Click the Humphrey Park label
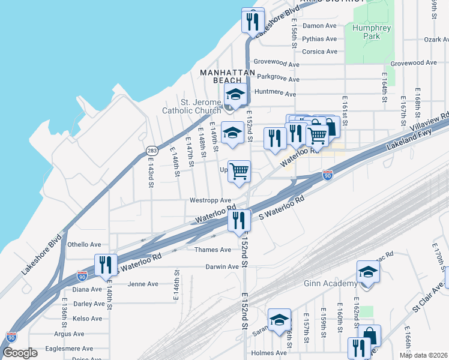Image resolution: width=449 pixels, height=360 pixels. pyautogui.click(x=372, y=32)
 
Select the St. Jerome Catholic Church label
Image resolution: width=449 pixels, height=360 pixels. pyautogui.click(x=193, y=106)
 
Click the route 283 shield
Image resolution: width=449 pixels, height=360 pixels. pyautogui.click(x=150, y=150)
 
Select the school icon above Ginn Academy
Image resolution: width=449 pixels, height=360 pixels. pyautogui.click(x=368, y=271)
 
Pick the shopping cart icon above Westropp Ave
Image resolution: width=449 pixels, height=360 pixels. pyautogui.click(x=239, y=172)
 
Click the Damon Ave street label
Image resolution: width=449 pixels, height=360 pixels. pyautogui.click(x=319, y=26)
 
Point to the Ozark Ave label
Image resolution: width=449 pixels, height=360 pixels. pyautogui.click(x=436, y=40)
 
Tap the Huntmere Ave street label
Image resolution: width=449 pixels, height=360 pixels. pyautogui.click(x=276, y=94)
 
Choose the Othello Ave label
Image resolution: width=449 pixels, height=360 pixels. pyautogui.click(x=84, y=245)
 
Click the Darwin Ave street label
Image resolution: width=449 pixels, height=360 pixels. pyautogui.click(x=222, y=266)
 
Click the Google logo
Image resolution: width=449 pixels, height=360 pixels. pyautogui.click(x=20, y=353)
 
